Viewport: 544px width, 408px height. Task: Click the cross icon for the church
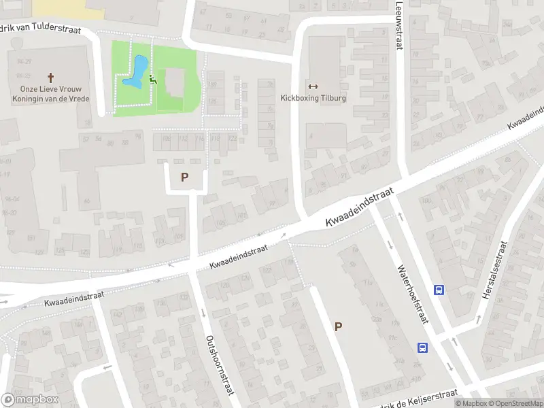(x=50, y=78)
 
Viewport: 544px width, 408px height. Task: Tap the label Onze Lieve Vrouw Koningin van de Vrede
(x=50, y=92)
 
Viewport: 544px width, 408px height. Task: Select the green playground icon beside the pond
(x=153, y=80)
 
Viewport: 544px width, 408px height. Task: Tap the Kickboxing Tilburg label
(x=313, y=98)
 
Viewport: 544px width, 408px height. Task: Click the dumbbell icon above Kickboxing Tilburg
(x=313, y=86)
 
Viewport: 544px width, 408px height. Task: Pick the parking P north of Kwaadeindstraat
(x=184, y=177)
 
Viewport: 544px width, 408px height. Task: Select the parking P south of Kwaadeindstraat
(x=338, y=326)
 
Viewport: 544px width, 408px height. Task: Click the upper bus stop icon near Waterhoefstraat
(x=439, y=290)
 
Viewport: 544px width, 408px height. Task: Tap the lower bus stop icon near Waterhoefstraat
(x=423, y=347)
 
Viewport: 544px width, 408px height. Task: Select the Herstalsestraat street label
(x=495, y=272)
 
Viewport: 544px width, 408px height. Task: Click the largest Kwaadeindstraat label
(x=360, y=209)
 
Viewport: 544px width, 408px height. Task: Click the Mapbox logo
(x=30, y=400)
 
